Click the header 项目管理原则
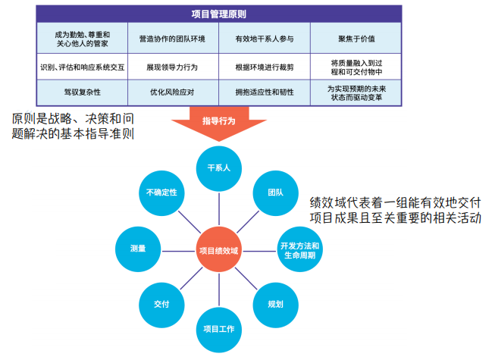point(218,13)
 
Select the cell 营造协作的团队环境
point(173,38)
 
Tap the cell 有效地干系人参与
point(264,38)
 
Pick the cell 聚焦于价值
point(356,38)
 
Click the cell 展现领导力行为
point(173,67)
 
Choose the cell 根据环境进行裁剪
point(264,67)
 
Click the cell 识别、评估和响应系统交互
point(82,67)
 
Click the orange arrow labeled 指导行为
point(219,123)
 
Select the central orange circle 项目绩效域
point(218,249)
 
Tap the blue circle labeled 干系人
point(219,167)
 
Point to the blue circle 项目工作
point(219,329)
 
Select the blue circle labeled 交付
point(161,304)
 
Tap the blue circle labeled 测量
point(138,249)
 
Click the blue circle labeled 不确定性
point(161,193)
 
